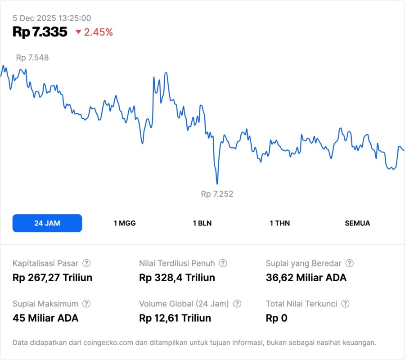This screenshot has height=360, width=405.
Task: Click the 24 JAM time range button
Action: pos(47,223)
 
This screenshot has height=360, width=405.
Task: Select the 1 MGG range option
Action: pos(125,223)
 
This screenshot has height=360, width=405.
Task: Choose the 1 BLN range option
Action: pos(202,223)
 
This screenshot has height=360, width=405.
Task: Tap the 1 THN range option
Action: pos(280,223)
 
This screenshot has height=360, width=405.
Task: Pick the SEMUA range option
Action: pos(357,223)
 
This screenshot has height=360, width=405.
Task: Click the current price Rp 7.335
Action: pos(40,32)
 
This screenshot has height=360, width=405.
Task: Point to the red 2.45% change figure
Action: pos(99,32)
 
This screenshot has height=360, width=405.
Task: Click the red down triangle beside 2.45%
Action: pos(78,32)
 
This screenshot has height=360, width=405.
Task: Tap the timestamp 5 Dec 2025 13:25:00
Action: pos(52,18)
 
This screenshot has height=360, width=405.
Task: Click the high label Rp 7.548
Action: pos(32,58)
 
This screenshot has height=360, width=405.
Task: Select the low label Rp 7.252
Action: pos(217,194)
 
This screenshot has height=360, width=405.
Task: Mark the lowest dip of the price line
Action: pos(217,183)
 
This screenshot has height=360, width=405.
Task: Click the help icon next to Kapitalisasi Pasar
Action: pos(86,263)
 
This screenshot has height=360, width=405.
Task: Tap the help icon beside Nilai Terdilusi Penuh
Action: pos(223,263)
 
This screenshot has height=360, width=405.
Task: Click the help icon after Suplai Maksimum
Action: pos(86,304)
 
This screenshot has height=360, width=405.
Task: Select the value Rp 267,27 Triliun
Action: pos(52,278)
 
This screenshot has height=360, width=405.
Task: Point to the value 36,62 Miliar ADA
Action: pos(306,278)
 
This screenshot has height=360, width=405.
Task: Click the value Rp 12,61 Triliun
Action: pos(175,318)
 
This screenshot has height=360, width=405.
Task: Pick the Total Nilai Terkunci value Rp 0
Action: pos(276,318)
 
